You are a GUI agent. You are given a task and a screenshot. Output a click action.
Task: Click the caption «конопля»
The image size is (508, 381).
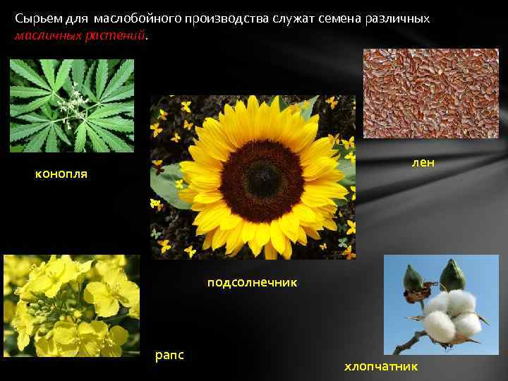(61, 174)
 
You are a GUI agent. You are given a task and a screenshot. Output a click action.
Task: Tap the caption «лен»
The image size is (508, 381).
(423, 163)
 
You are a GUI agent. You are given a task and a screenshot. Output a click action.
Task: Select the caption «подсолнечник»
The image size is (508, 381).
(252, 282)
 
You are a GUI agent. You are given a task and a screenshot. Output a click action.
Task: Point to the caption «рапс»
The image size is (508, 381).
(169, 354)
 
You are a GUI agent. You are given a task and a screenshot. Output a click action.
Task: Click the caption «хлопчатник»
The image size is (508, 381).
(380, 366)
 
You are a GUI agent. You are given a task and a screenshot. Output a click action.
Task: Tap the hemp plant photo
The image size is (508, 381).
(71, 105)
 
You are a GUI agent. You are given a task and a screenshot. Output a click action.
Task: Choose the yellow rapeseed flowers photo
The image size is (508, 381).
(71, 306)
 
